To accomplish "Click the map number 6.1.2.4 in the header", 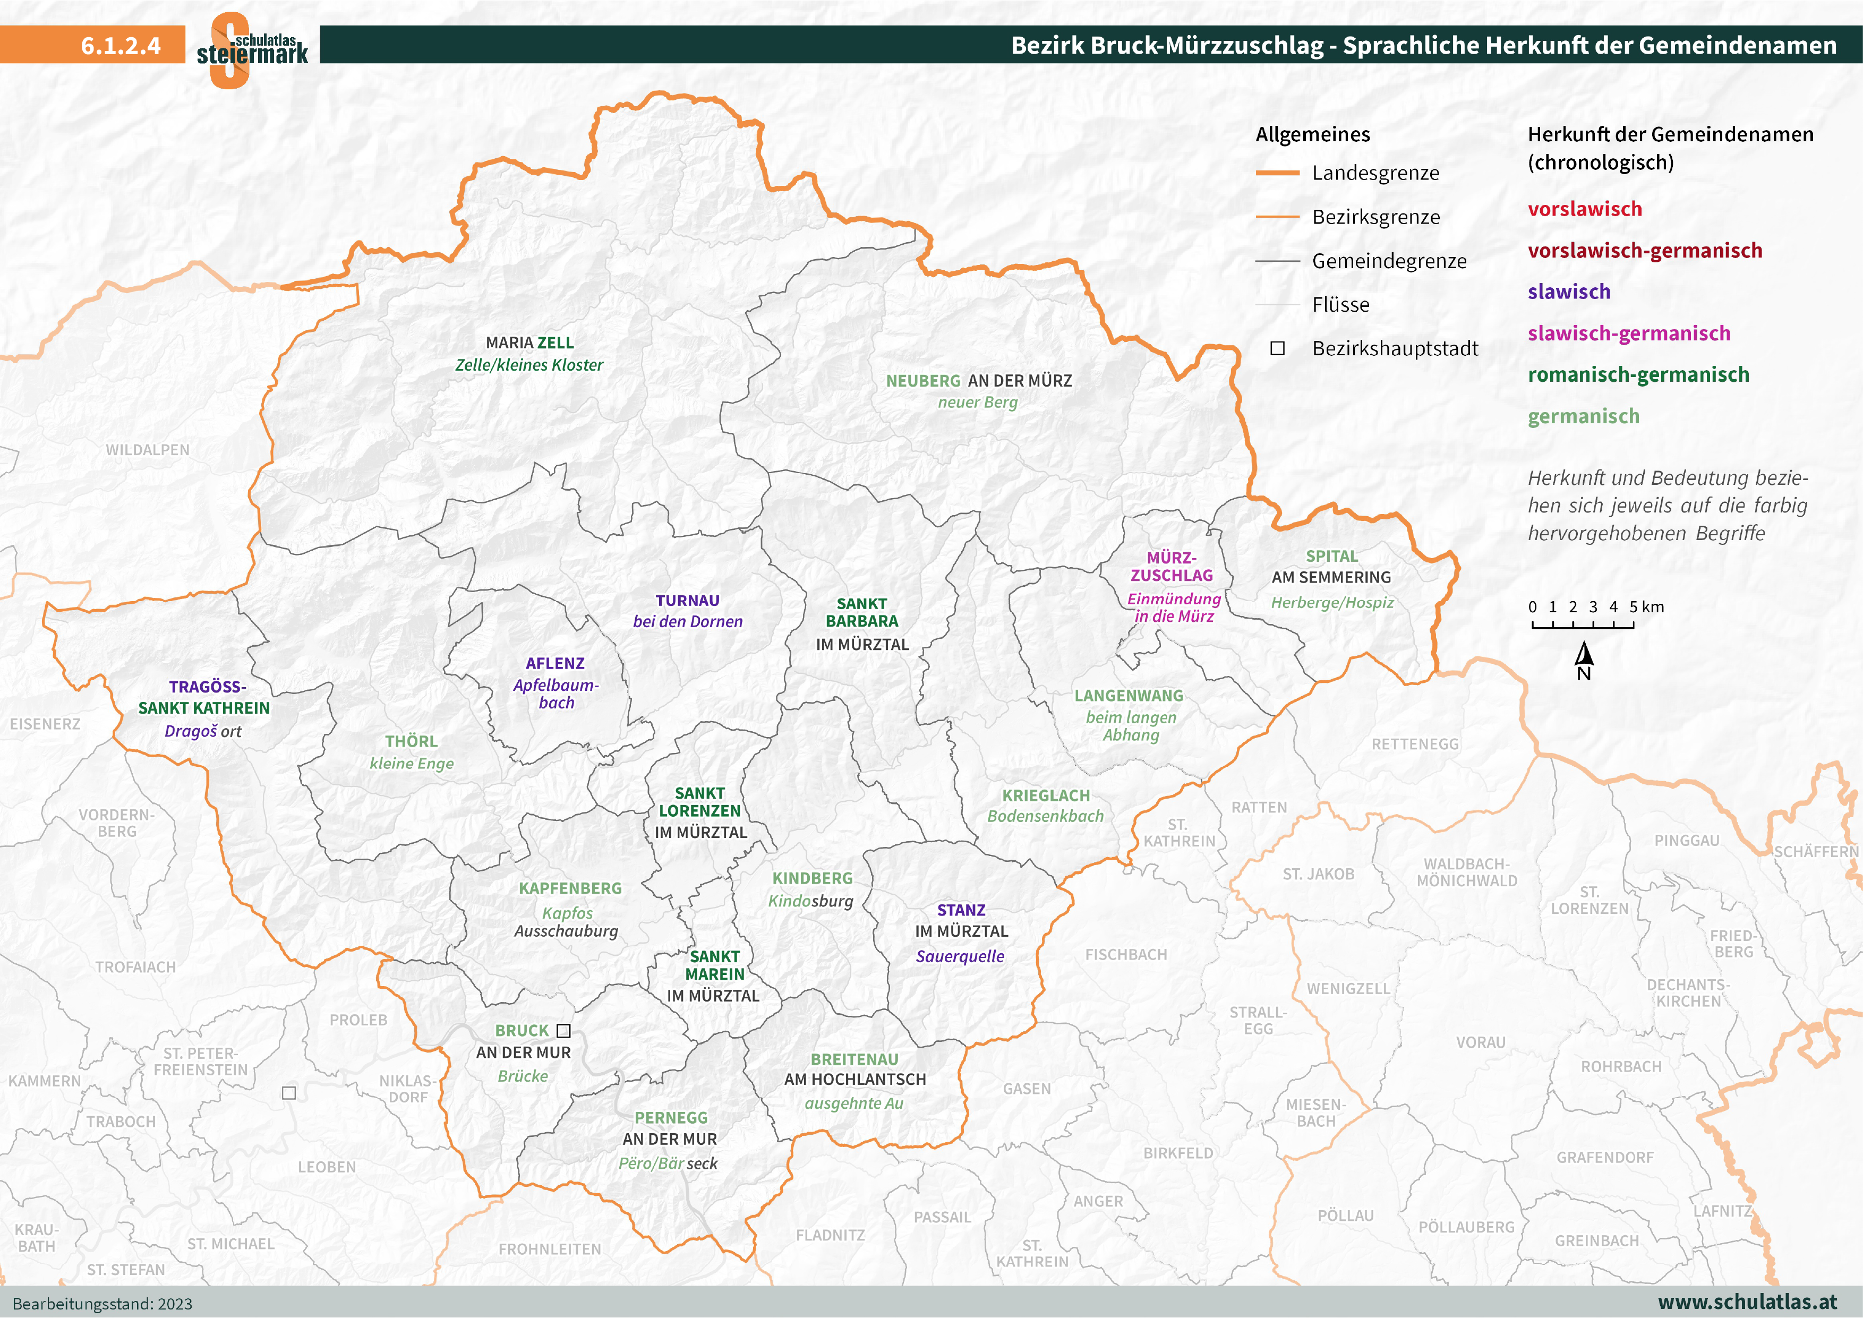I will (x=120, y=46).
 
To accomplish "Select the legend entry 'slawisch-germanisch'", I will (x=1628, y=333).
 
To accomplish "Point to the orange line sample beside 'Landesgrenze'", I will (x=1277, y=173).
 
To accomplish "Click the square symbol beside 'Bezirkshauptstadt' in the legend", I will (x=1277, y=348).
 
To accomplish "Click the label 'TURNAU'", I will (x=687, y=601).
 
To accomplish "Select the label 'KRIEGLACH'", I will (x=1045, y=795).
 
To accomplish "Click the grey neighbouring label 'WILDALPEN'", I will (x=148, y=450).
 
